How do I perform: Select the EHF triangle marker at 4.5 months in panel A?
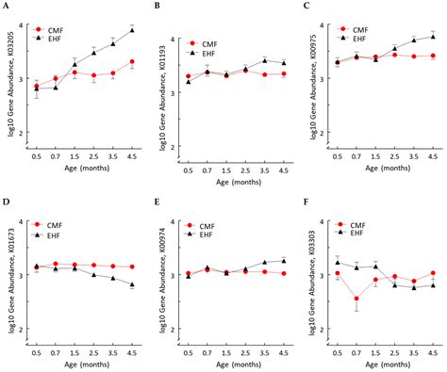tap(131, 30)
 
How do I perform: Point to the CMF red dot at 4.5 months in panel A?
tap(131, 62)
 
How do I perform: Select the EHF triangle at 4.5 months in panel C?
tap(433, 36)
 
